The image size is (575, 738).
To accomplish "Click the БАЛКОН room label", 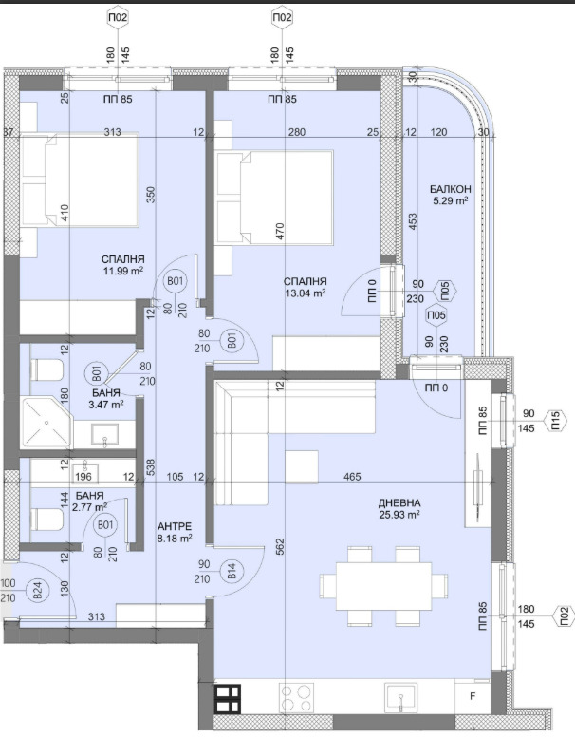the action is (450, 189).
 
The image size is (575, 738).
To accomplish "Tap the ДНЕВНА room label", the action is (399, 502).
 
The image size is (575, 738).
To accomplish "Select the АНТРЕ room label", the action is (175, 527).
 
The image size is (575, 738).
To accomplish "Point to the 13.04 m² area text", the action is (306, 293).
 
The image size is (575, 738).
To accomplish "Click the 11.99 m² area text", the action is (122, 271).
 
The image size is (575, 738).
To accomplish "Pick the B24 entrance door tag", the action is (39, 590).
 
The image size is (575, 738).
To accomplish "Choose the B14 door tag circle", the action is (232, 572).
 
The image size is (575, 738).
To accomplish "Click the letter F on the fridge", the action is (473, 696).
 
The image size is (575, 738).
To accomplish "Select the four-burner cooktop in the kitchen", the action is (296, 698).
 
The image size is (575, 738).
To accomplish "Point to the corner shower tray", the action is (46, 423).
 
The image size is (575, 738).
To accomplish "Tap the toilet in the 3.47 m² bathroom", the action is (46, 369).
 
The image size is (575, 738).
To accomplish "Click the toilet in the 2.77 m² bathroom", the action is (46, 520).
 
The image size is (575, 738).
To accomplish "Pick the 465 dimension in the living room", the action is (352, 477).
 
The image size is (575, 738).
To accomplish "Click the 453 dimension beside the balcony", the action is (414, 222).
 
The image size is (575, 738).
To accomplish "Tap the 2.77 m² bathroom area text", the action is (89, 507).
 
